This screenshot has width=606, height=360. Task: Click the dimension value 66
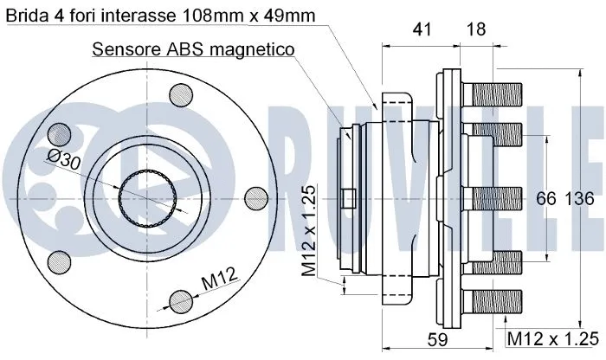pos(545,198)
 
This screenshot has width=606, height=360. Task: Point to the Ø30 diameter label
pos(64,161)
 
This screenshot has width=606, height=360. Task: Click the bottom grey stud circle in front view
pos(180,300)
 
